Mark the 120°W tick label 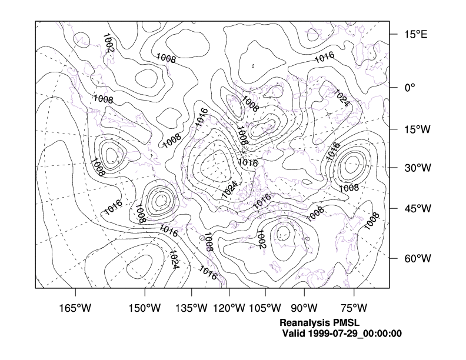pyautogui.click(x=229, y=308)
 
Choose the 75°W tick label pyautogui.click(x=354, y=308)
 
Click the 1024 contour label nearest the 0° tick pyautogui.click(x=342, y=98)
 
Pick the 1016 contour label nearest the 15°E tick pyautogui.click(x=324, y=58)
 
